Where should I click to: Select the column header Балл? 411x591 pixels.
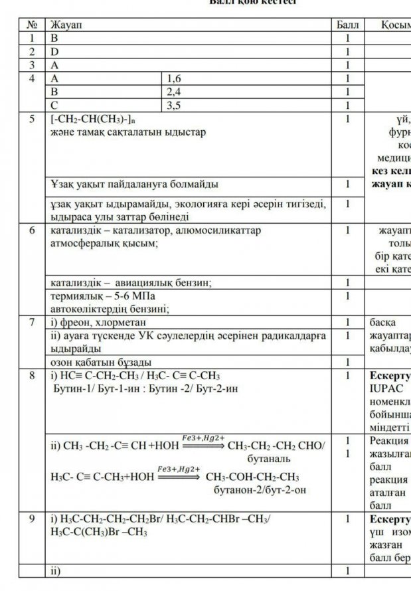pos(347,25)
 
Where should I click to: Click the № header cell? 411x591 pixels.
pos(32,25)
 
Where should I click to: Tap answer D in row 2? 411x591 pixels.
pos(55,51)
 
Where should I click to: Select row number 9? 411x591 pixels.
pos(32,519)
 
